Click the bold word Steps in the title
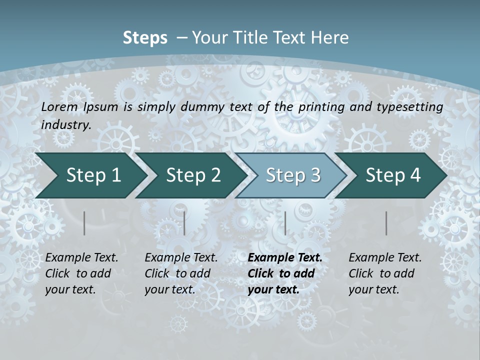(x=145, y=38)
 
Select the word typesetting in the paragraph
(x=413, y=106)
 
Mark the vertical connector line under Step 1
(x=84, y=223)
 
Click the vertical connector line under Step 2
(x=184, y=223)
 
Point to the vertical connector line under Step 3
(x=285, y=223)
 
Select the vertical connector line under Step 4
(x=386, y=223)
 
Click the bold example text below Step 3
(x=284, y=273)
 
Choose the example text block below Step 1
(x=81, y=273)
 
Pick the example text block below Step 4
(x=385, y=273)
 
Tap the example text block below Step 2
(x=181, y=273)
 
